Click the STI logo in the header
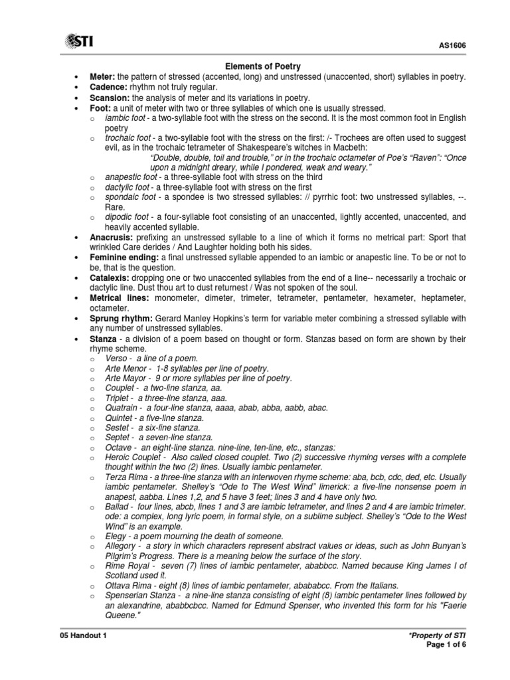coord(78,42)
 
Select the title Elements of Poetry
coord(264,66)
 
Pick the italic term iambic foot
coord(125,118)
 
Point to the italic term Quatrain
coord(122,408)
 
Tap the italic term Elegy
coord(115,536)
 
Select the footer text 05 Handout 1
coord(83,636)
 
